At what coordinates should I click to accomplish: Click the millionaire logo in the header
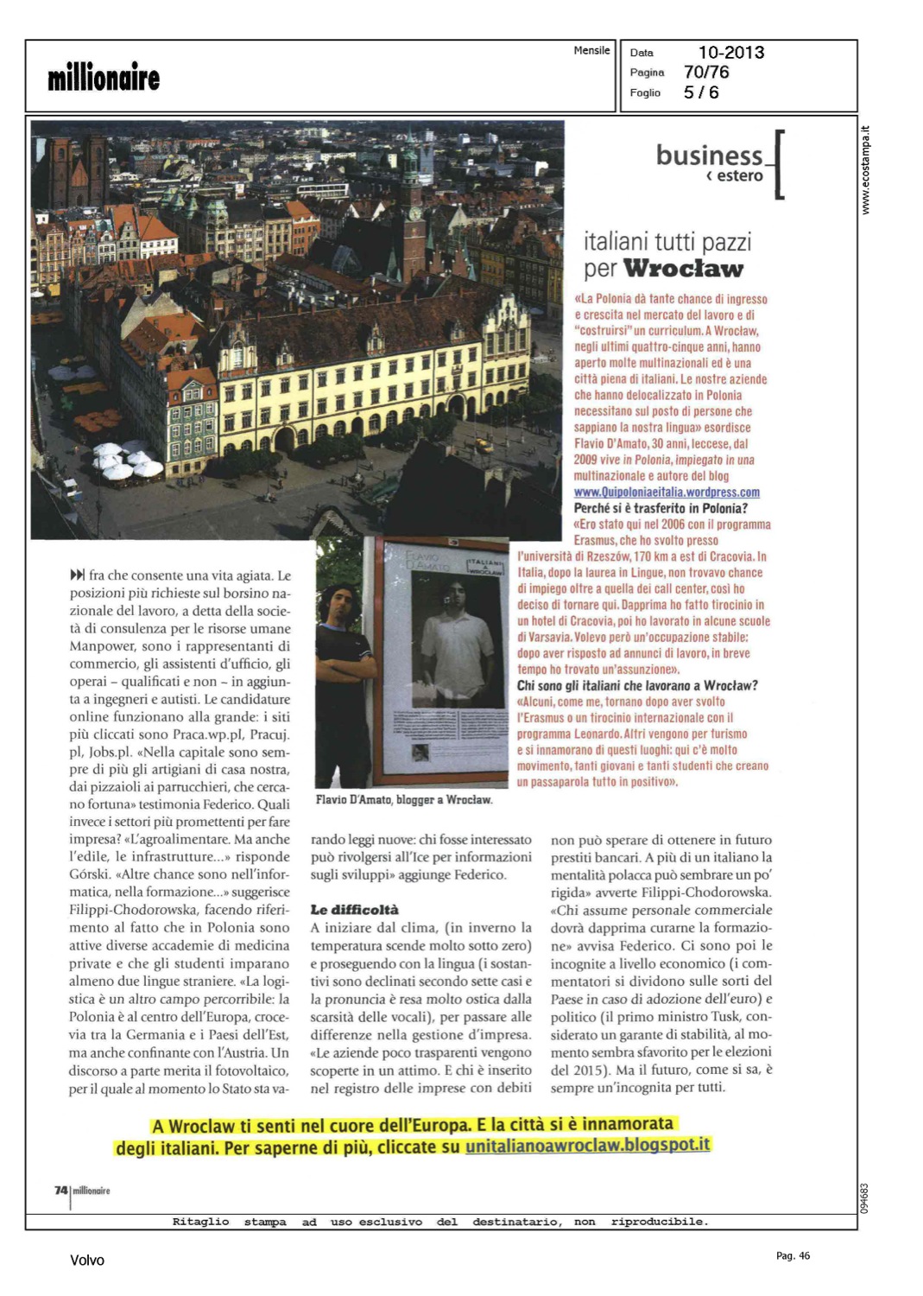[104, 78]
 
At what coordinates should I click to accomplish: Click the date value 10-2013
[730, 53]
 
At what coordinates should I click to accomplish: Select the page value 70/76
[706, 73]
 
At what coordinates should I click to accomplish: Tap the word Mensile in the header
[591, 51]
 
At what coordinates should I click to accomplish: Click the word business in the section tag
[709, 156]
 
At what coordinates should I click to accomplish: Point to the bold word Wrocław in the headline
[683, 269]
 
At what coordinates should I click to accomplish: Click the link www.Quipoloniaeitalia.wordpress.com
[667, 492]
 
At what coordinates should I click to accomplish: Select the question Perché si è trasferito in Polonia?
[661, 508]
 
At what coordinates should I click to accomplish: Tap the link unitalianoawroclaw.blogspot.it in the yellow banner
[587, 1146]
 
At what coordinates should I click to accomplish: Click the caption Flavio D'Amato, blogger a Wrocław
[404, 800]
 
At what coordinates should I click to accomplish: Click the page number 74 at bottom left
[61, 1191]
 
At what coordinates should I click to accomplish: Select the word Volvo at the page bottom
[87, 1261]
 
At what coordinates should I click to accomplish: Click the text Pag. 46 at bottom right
[793, 1256]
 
